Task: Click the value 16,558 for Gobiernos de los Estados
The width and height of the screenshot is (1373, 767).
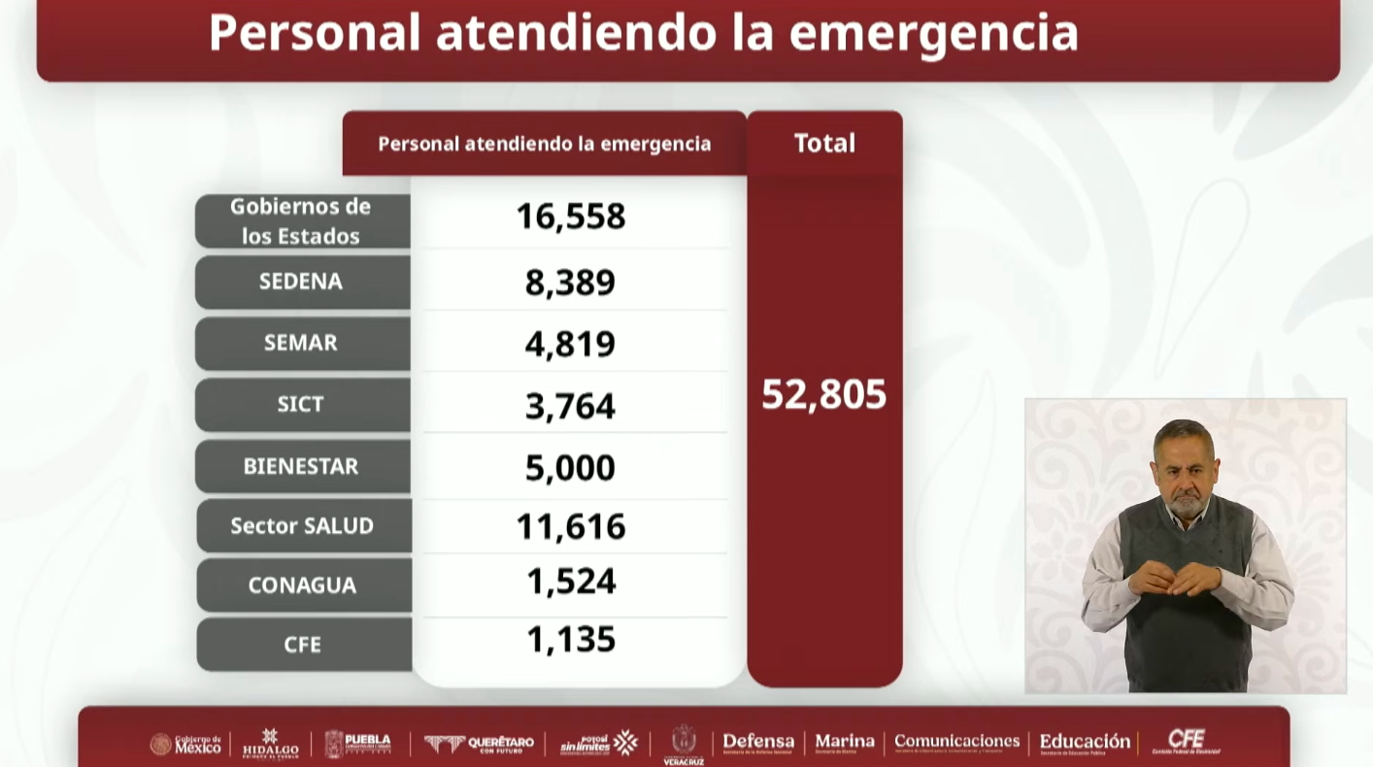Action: point(570,216)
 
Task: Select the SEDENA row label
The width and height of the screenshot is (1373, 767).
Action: point(301,282)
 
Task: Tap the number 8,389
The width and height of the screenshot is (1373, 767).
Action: point(570,283)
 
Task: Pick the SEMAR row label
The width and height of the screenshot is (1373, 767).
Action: point(301,343)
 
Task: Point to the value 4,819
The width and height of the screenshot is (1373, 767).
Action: point(570,344)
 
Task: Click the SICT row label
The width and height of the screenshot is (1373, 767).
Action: point(301,404)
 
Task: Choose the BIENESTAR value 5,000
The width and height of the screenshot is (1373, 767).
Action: point(570,467)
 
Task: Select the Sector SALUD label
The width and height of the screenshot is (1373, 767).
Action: point(302,525)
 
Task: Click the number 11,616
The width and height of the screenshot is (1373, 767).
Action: point(570,526)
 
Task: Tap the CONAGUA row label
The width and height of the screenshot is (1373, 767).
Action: point(302,585)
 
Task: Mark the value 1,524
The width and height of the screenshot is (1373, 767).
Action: point(570,581)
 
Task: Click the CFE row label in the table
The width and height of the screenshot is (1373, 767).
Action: point(302,645)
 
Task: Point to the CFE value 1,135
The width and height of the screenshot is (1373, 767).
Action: point(570,639)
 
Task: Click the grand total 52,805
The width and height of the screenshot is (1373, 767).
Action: point(823,394)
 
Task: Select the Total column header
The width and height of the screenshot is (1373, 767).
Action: point(824,143)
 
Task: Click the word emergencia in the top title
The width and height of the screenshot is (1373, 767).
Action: point(933,32)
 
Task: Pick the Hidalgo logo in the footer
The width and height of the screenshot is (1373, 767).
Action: point(270,744)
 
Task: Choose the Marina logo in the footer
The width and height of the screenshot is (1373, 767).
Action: point(844,743)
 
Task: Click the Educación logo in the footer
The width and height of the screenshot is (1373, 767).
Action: point(1085,743)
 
